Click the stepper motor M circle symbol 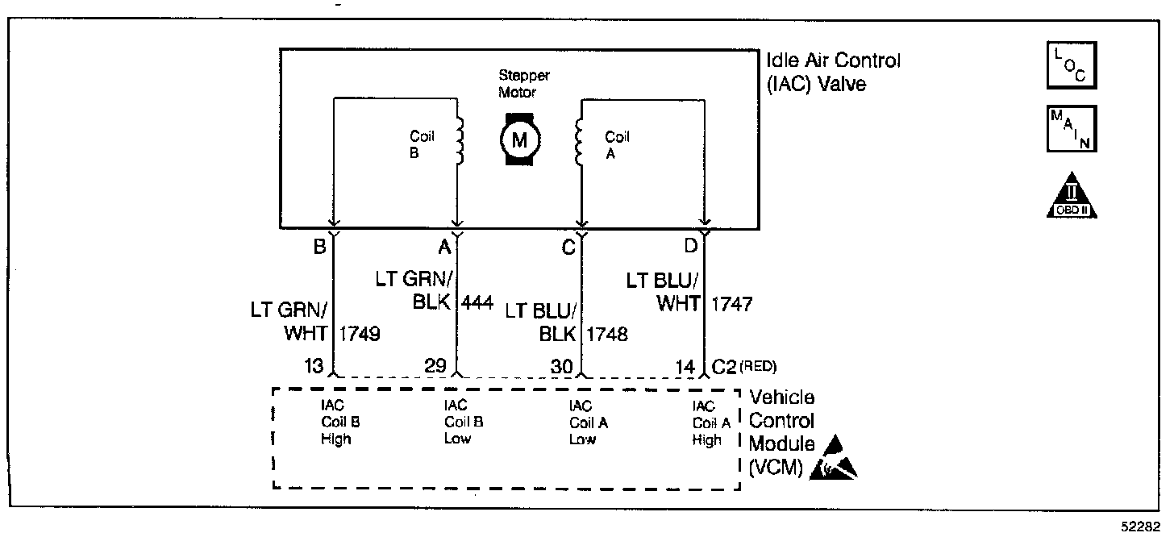pyautogui.click(x=519, y=140)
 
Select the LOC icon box pyautogui.click(x=1072, y=65)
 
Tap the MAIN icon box pyautogui.click(x=1072, y=128)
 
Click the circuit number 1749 pyautogui.click(x=360, y=334)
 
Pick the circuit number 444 pyautogui.click(x=478, y=303)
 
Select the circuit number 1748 pyautogui.click(x=608, y=334)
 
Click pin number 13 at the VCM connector pyautogui.click(x=314, y=366)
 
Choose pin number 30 pyautogui.click(x=563, y=366)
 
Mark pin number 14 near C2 pyautogui.click(x=686, y=366)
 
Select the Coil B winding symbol pyautogui.click(x=460, y=142)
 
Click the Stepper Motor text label pyautogui.click(x=523, y=83)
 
